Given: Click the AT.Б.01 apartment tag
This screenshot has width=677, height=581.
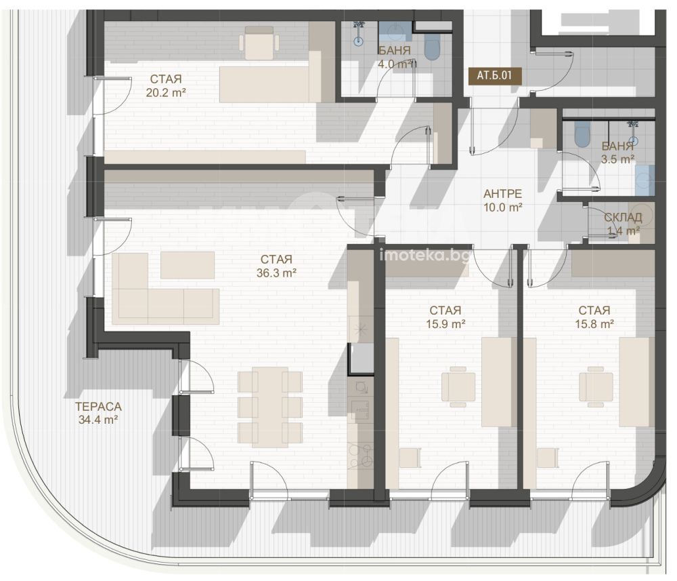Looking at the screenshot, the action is coord(494,76).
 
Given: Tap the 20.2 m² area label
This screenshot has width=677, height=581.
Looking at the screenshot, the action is coord(166,92).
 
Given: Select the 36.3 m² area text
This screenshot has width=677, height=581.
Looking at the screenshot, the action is coord(276,273).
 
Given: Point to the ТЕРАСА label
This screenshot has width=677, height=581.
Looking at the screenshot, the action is coord(98,406).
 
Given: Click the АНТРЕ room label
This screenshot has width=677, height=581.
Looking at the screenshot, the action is coord(502,194).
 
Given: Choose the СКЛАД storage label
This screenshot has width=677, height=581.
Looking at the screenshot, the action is coord(623,218).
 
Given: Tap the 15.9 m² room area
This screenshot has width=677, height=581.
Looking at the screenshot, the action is coord(445,324).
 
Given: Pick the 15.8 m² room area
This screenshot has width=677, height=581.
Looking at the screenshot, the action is coord(594,324).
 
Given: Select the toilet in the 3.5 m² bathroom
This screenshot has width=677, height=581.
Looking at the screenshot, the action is coord(582,134).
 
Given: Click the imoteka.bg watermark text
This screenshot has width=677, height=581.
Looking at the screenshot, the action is coord(424,256).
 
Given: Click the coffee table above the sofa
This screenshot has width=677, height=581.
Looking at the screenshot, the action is coord(188,265).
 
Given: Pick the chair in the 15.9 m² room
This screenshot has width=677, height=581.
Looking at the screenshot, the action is coord(458,387).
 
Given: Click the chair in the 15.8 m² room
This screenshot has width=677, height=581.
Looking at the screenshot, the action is coord(596,387).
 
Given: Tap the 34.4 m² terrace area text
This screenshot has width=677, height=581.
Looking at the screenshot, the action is coord(98,420).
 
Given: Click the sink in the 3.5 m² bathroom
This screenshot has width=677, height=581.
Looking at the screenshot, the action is coord(645,180).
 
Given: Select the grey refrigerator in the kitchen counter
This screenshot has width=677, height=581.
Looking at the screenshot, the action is coord(362,359).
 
